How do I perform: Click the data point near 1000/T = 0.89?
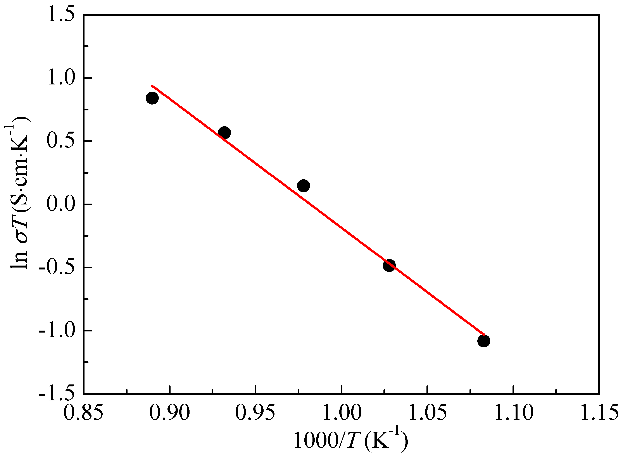click(152, 98)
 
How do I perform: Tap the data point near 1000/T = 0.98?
click(304, 185)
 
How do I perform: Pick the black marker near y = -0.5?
click(389, 265)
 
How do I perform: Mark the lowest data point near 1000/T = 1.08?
click(484, 341)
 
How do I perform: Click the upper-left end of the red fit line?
click(152, 86)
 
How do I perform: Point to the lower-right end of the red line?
click(484, 335)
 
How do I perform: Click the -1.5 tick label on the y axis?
click(57, 394)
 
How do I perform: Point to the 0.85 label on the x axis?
click(83, 412)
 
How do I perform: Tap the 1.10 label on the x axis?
click(513, 412)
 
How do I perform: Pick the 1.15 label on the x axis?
click(599, 412)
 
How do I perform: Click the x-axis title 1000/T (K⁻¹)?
click(351, 441)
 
